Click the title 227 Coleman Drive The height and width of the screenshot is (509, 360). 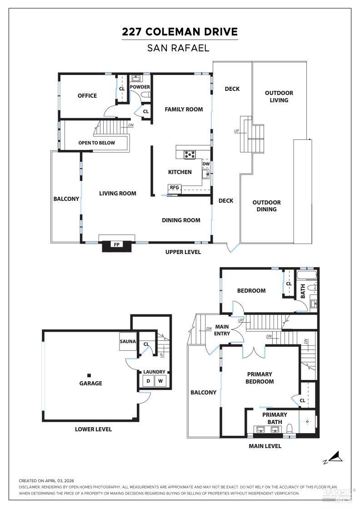tap(180, 32)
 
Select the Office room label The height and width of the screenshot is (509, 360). tap(87, 95)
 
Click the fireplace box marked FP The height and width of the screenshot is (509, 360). tap(117, 245)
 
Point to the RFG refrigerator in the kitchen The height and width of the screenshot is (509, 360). tap(174, 187)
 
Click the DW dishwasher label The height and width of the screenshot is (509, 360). tap(206, 164)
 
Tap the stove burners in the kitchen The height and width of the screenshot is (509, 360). tap(190, 155)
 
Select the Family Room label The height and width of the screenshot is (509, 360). tap(184, 109)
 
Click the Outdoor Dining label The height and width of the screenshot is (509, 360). tap(266, 206)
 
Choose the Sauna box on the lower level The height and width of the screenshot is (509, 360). tap(128, 342)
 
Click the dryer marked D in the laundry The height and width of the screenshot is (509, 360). tap(148, 381)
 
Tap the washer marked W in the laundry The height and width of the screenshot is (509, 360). tap(160, 381)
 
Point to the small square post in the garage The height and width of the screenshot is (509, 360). tap(89, 375)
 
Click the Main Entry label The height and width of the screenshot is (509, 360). tap(222, 330)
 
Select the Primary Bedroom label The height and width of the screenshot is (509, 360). tap(260, 378)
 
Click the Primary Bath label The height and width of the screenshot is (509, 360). tap(275, 418)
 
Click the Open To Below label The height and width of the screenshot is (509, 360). tap(96, 143)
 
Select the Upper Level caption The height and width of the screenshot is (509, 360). tap(183, 252)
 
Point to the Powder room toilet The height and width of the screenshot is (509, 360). tap(145, 95)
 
